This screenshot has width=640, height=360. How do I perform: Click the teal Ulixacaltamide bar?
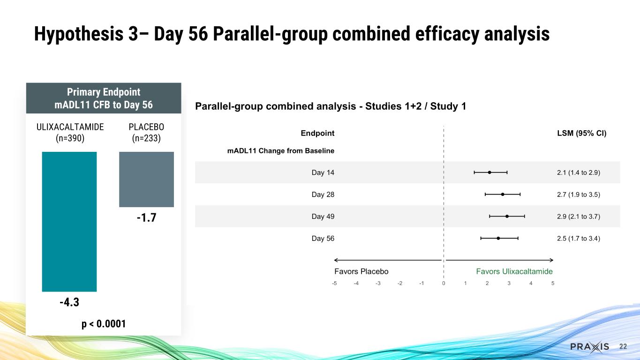click(69, 221)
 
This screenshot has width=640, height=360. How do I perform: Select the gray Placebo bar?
click(146, 179)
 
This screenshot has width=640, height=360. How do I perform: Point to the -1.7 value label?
click(146, 218)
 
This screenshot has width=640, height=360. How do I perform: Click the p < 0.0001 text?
click(103, 323)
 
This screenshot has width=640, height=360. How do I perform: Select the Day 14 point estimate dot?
click(489, 172)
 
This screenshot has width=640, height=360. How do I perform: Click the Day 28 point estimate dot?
click(503, 194)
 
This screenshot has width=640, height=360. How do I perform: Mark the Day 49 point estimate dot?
click(507, 216)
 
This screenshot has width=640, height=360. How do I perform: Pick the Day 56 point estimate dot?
click(498, 238)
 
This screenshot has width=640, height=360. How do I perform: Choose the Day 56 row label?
click(323, 239)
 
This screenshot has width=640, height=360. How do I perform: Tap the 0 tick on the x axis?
click(444, 283)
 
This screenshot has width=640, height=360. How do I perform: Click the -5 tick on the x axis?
click(334, 283)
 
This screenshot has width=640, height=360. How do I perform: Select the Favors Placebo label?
click(361, 271)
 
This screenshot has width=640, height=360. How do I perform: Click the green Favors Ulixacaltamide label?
click(514, 271)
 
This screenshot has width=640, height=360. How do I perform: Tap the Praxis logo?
click(589, 346)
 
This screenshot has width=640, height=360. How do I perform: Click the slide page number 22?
click(623, 346)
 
